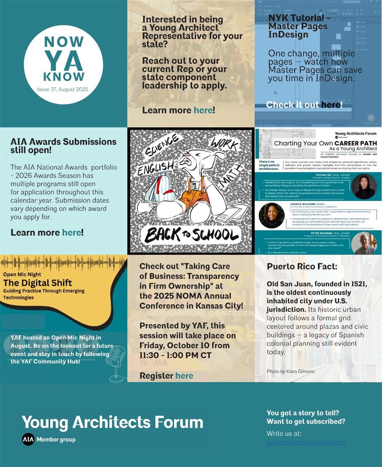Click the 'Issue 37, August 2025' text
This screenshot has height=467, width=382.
[63, 89]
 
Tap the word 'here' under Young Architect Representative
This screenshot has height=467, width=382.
[203, 110]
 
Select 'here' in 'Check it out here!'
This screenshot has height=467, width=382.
[331, 105]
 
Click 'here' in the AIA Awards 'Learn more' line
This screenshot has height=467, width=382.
[72, 232]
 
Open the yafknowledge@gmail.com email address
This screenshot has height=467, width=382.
[306, 442]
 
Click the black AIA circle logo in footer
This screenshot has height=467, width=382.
[28, 439]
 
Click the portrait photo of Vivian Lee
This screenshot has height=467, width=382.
[364, 186]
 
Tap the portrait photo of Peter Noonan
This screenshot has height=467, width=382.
[363, 243]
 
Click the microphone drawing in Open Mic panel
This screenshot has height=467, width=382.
[117, 361]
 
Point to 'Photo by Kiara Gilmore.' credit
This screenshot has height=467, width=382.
[291, 371]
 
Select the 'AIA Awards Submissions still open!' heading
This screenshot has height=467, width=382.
[63, 146]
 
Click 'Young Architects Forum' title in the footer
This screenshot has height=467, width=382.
[112, 422]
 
